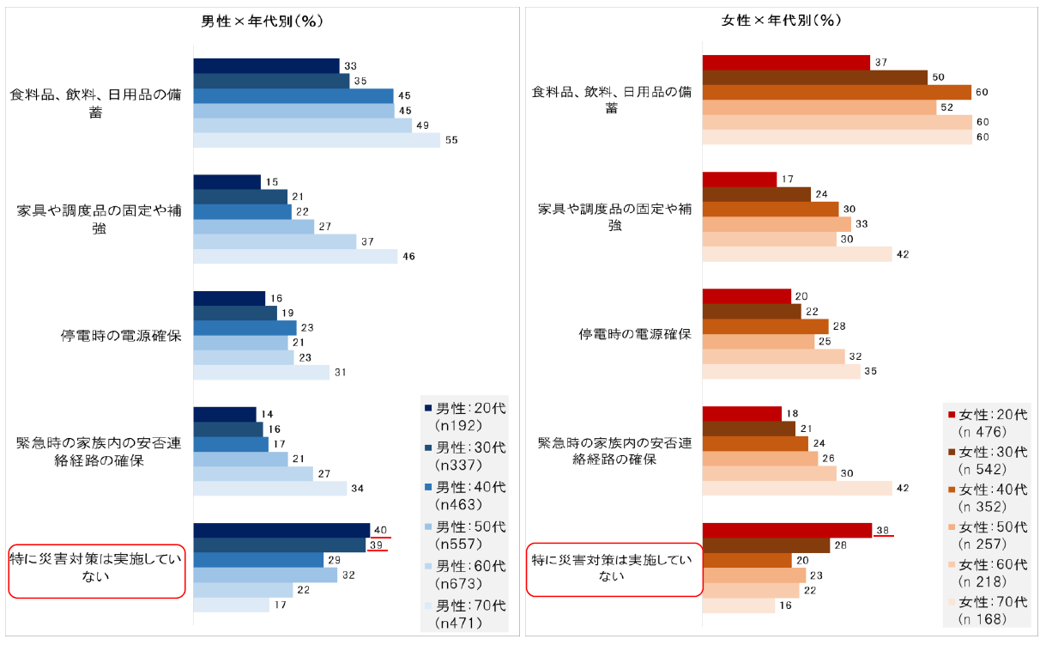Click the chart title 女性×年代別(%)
click(x=782, y=21)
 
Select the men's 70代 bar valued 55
click(x=316, y=140)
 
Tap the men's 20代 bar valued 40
click(x=281, y=530)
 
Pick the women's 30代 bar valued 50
click(x=814, y=77)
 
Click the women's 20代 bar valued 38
click(x=786, y=530)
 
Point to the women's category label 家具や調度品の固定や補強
click(x=615, y=217)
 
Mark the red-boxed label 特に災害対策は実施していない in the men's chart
click(x=97, y=569)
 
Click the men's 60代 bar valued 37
click(x=274, y=241)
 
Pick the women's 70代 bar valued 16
click(x=738, y=605)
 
